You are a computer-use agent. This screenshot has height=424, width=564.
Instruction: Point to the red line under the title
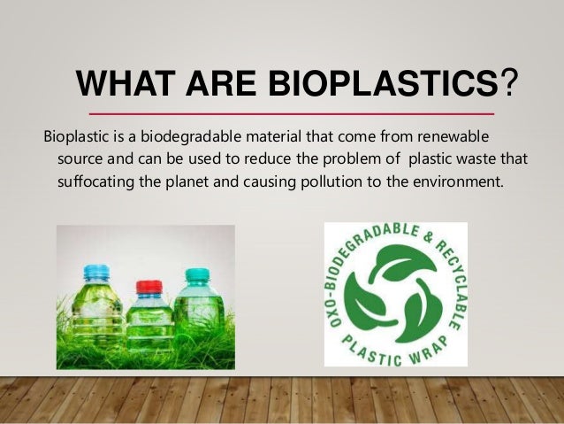293,115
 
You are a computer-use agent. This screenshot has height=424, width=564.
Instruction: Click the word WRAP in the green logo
427,351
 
